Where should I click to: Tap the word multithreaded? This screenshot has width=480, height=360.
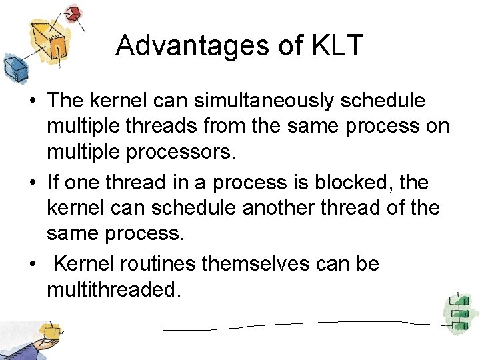point(113,290)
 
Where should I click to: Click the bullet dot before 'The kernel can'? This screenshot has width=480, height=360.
point(31,101)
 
